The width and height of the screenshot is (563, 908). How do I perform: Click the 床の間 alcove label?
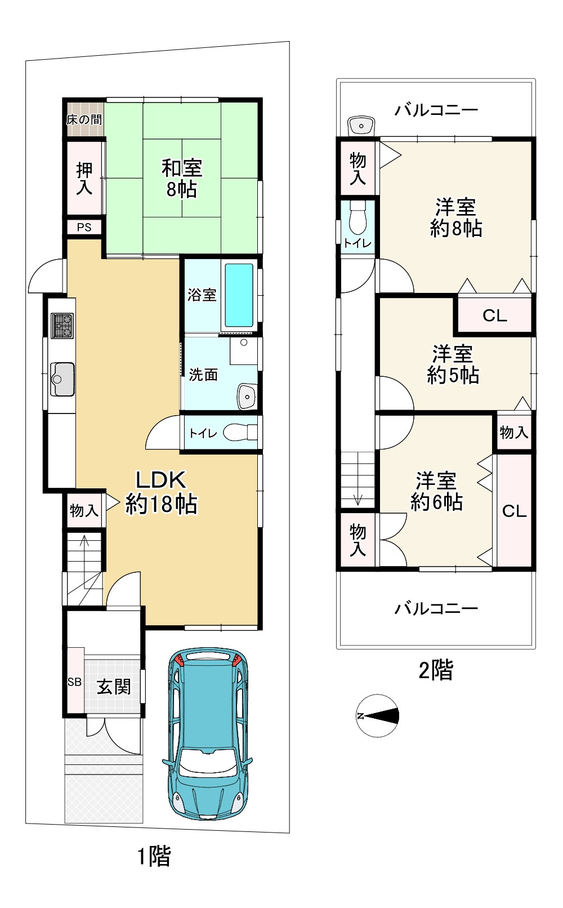pos(84,119)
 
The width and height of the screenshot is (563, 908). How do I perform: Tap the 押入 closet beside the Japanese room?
pos(84,178)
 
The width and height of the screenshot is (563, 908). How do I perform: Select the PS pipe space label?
pos(84,228)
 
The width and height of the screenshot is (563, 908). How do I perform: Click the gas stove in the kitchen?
pos(62,326)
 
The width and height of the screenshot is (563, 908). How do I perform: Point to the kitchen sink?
pos(62,379)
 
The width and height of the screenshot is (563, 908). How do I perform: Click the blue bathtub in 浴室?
pos(239,295)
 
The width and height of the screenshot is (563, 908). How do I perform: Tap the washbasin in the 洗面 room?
pos(247,396)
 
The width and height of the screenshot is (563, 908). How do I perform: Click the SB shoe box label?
pos(74,682)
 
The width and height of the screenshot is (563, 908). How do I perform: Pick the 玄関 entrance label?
pos(114,687)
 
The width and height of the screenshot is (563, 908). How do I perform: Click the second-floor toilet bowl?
pos(358,218)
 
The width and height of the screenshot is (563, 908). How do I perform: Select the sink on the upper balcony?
pos(361,126)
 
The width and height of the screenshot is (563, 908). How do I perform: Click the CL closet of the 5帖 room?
pos(495,315)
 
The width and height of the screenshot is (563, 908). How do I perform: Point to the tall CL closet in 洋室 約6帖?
pos(514,511)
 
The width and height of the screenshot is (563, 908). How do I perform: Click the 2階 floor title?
pos(436,670)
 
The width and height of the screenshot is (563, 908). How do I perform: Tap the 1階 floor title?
pos(154,857)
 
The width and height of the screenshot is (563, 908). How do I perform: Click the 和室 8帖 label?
pos(182,179)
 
